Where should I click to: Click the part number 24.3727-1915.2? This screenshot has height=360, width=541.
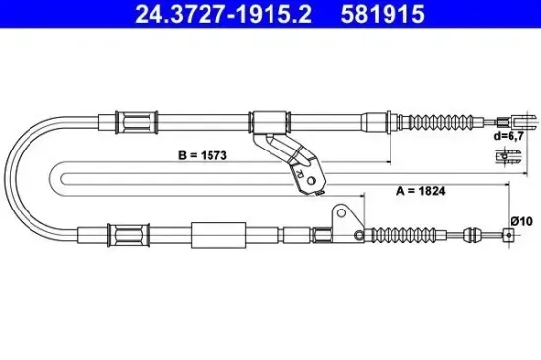click(x=189, y=16)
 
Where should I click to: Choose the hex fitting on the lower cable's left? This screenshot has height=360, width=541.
click(x=129, y=235)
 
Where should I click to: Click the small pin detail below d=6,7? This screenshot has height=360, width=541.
click(x=508, y=155)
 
